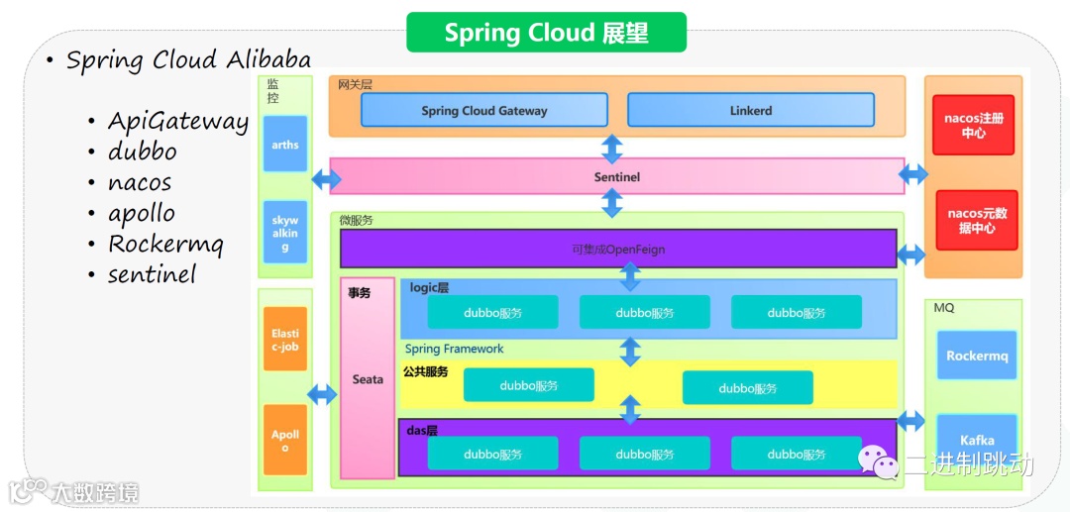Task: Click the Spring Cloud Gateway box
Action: [483, 110]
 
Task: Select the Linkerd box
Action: [751, 110]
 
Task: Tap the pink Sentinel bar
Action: [617, 176]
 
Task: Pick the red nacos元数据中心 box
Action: [977, 220]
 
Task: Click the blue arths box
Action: [285, 144]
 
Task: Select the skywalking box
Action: [285, 232]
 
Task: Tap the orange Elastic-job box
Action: [285, 340]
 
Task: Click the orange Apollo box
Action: [285, 440]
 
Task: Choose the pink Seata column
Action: [368, 377]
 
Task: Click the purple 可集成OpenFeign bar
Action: [618, 249]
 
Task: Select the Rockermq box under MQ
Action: [977, 356]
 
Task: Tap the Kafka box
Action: [977, 439]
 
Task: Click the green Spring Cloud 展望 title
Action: [547, 32]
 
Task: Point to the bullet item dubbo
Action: [142, 151]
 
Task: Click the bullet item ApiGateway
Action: [177, 122]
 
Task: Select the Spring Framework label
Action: [455, 349]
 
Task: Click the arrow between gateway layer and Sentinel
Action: [612, 149]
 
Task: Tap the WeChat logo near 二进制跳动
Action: [878, 462]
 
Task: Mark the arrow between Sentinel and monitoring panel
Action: [326, 180]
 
